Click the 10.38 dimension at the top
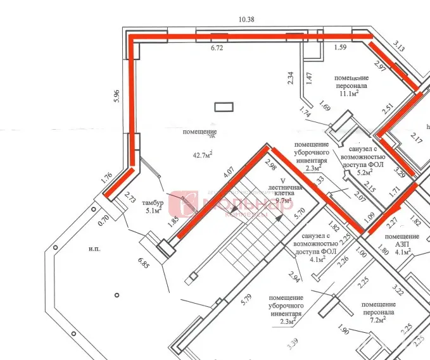pyautogui.click(x=246, y=20)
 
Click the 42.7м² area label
pyautogui.click(x=202, y=153)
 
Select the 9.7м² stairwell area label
pyautogui.click(x=282, y=201)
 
